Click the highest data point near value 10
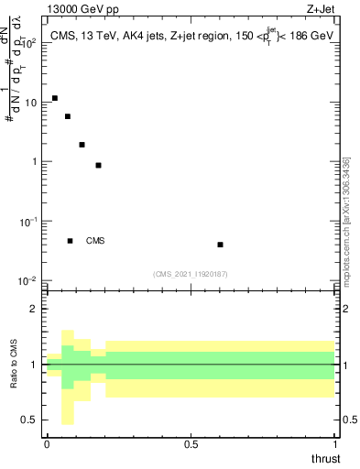(x=55, y=98)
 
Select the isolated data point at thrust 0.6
(x=220, y=245)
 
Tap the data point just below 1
(x=98, y=166)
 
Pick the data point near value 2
(x=82, y=145)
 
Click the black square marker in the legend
(x=70, y=241)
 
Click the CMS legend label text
(x=95, y=241)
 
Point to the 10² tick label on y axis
(x=27, y=43)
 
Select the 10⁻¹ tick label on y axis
(x=27, y=222)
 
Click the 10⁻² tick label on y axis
(x=27, y=281)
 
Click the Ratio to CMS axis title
(x=15, y=365)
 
